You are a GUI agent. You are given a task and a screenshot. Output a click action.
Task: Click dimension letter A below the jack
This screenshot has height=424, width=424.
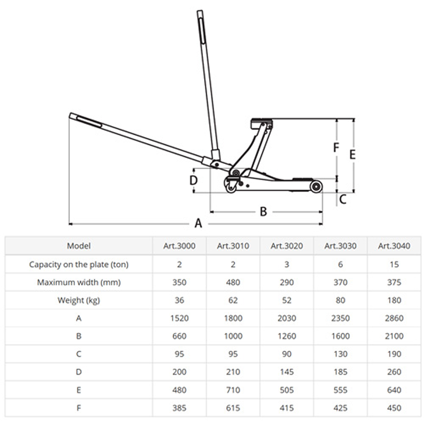coord(198,223)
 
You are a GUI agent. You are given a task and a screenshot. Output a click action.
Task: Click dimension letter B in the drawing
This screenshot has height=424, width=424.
coord(263,211)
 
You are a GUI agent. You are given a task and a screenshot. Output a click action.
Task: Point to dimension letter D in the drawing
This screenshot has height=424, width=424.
coord(193,180)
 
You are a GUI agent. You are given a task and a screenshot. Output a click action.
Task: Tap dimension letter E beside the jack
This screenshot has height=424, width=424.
coord(352,155)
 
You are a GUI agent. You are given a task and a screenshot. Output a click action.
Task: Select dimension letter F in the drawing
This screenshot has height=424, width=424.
coord(336,148)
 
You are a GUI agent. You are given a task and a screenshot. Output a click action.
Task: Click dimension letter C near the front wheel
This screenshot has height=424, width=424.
coord(342,200)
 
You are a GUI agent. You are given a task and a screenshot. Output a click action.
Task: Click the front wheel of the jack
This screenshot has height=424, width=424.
coord(316,187)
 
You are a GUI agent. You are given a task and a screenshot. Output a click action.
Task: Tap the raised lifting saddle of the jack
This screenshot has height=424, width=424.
coord(261,123)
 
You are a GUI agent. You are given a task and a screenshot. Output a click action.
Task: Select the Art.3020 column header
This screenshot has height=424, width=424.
coord(287,246)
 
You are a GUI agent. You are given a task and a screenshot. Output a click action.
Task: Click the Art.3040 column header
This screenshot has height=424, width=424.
coord(394,246)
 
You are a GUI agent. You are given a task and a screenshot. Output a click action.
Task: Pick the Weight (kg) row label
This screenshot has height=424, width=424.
coord(78,300)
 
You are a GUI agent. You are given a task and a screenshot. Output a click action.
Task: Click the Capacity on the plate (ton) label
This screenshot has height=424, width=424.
coord(78,264)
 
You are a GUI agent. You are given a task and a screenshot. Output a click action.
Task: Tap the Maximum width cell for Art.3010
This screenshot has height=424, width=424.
coord(233,282)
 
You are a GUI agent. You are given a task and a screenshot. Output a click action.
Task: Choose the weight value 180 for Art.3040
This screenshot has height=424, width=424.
coord(394,300)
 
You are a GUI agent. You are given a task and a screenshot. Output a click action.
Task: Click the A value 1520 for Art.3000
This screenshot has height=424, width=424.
coord(179,318)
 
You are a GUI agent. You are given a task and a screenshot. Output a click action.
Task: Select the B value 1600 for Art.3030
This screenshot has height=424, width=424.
coord(340,336)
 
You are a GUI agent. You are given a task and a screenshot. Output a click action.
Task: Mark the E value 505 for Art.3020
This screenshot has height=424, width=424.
coord(287,390)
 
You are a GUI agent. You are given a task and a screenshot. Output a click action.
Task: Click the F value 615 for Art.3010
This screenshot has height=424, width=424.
coord(233,408)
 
